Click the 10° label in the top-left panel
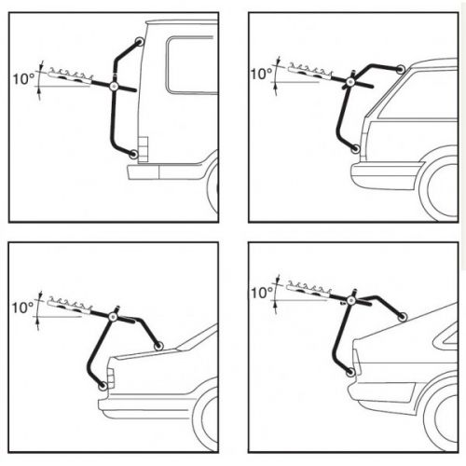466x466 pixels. pyautogui.click(x=24, y=78)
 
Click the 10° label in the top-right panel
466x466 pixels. pyautogui.click(x=261, y=74)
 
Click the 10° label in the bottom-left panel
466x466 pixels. pyautogui.click(x=22, y=308)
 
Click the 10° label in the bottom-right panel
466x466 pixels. pyautogui.click(x=262, y=293)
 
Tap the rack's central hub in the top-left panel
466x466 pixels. pyautogui.click(x=114, y=86)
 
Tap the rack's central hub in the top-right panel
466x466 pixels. pyautogui.click(x=350, y=82)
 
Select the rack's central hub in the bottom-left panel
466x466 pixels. pyautogui.click(x=113, y=316)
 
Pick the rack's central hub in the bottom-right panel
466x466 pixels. pyautogui.click(x=351, y=300)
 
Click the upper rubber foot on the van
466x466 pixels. pyautogui.click(x=139, y=41)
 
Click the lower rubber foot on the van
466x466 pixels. pyautogui.click(x=133, y=154)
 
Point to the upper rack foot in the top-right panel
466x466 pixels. pyautogui.click(x=401, y=69)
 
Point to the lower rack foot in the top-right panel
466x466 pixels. pyautogui.click(x=355, y=148)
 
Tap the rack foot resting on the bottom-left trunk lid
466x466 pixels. pyautogui.click(x=158, y=346)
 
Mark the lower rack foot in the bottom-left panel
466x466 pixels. pyautogui.click(x=103, y=386)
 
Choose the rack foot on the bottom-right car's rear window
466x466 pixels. pyautogui.click(x=403, y=317)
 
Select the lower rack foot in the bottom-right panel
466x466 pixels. pyautogui.click(x=351, y=372)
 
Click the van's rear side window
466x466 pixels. pyautogui.click(x=192, y=65)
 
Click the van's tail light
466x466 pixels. pyautogui.click(x=144, y=149)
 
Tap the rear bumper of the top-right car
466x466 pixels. pyautogui.click(x=385, y=175)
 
